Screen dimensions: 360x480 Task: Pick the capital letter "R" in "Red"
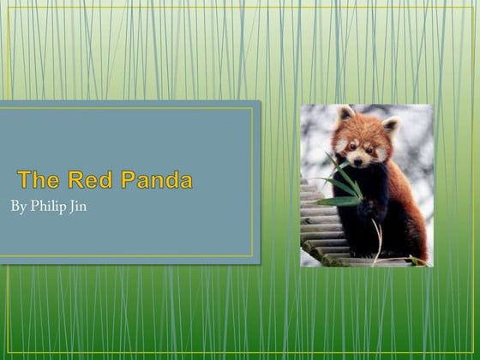click(x=75, y=180)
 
